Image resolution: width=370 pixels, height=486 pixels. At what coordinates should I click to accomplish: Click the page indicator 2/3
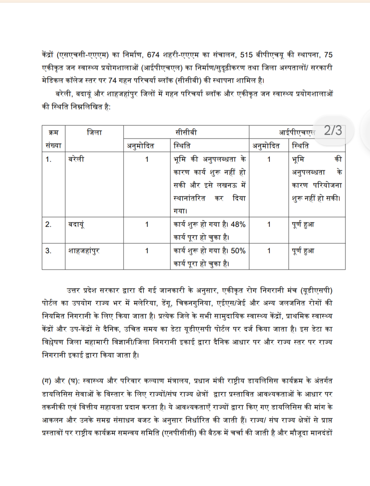coord(333,130)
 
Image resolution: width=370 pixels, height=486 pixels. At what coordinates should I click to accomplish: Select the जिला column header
coord(94,133)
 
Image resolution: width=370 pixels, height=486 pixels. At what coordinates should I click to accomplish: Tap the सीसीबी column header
coord(186,133)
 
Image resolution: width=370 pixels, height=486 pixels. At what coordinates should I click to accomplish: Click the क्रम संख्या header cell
coord(53,139)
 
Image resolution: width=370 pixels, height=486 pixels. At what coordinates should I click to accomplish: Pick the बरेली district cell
coord(76,159)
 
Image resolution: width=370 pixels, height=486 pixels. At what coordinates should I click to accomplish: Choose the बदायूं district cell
coord(76,225)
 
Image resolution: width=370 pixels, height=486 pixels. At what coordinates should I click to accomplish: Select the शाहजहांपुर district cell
coord(84,251)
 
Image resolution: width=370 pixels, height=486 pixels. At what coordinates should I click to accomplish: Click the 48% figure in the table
coord(238,225)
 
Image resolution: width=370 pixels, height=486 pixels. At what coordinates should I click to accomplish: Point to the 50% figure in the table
coord(238,251)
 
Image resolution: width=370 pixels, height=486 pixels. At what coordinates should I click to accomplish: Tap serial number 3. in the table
coord(48,251)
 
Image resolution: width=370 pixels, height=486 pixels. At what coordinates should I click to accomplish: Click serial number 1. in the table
coord(48,159)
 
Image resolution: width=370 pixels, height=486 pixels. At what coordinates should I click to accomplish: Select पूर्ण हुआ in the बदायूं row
coord(303,225)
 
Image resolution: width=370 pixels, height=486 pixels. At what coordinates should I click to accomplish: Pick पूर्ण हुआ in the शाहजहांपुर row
coord(303,251)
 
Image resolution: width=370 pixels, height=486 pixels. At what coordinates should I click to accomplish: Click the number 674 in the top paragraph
coord(153,55)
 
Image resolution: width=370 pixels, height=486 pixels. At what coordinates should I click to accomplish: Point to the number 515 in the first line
coord(246,55)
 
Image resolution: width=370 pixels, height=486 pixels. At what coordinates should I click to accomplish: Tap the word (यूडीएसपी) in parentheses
coord(316,290)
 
